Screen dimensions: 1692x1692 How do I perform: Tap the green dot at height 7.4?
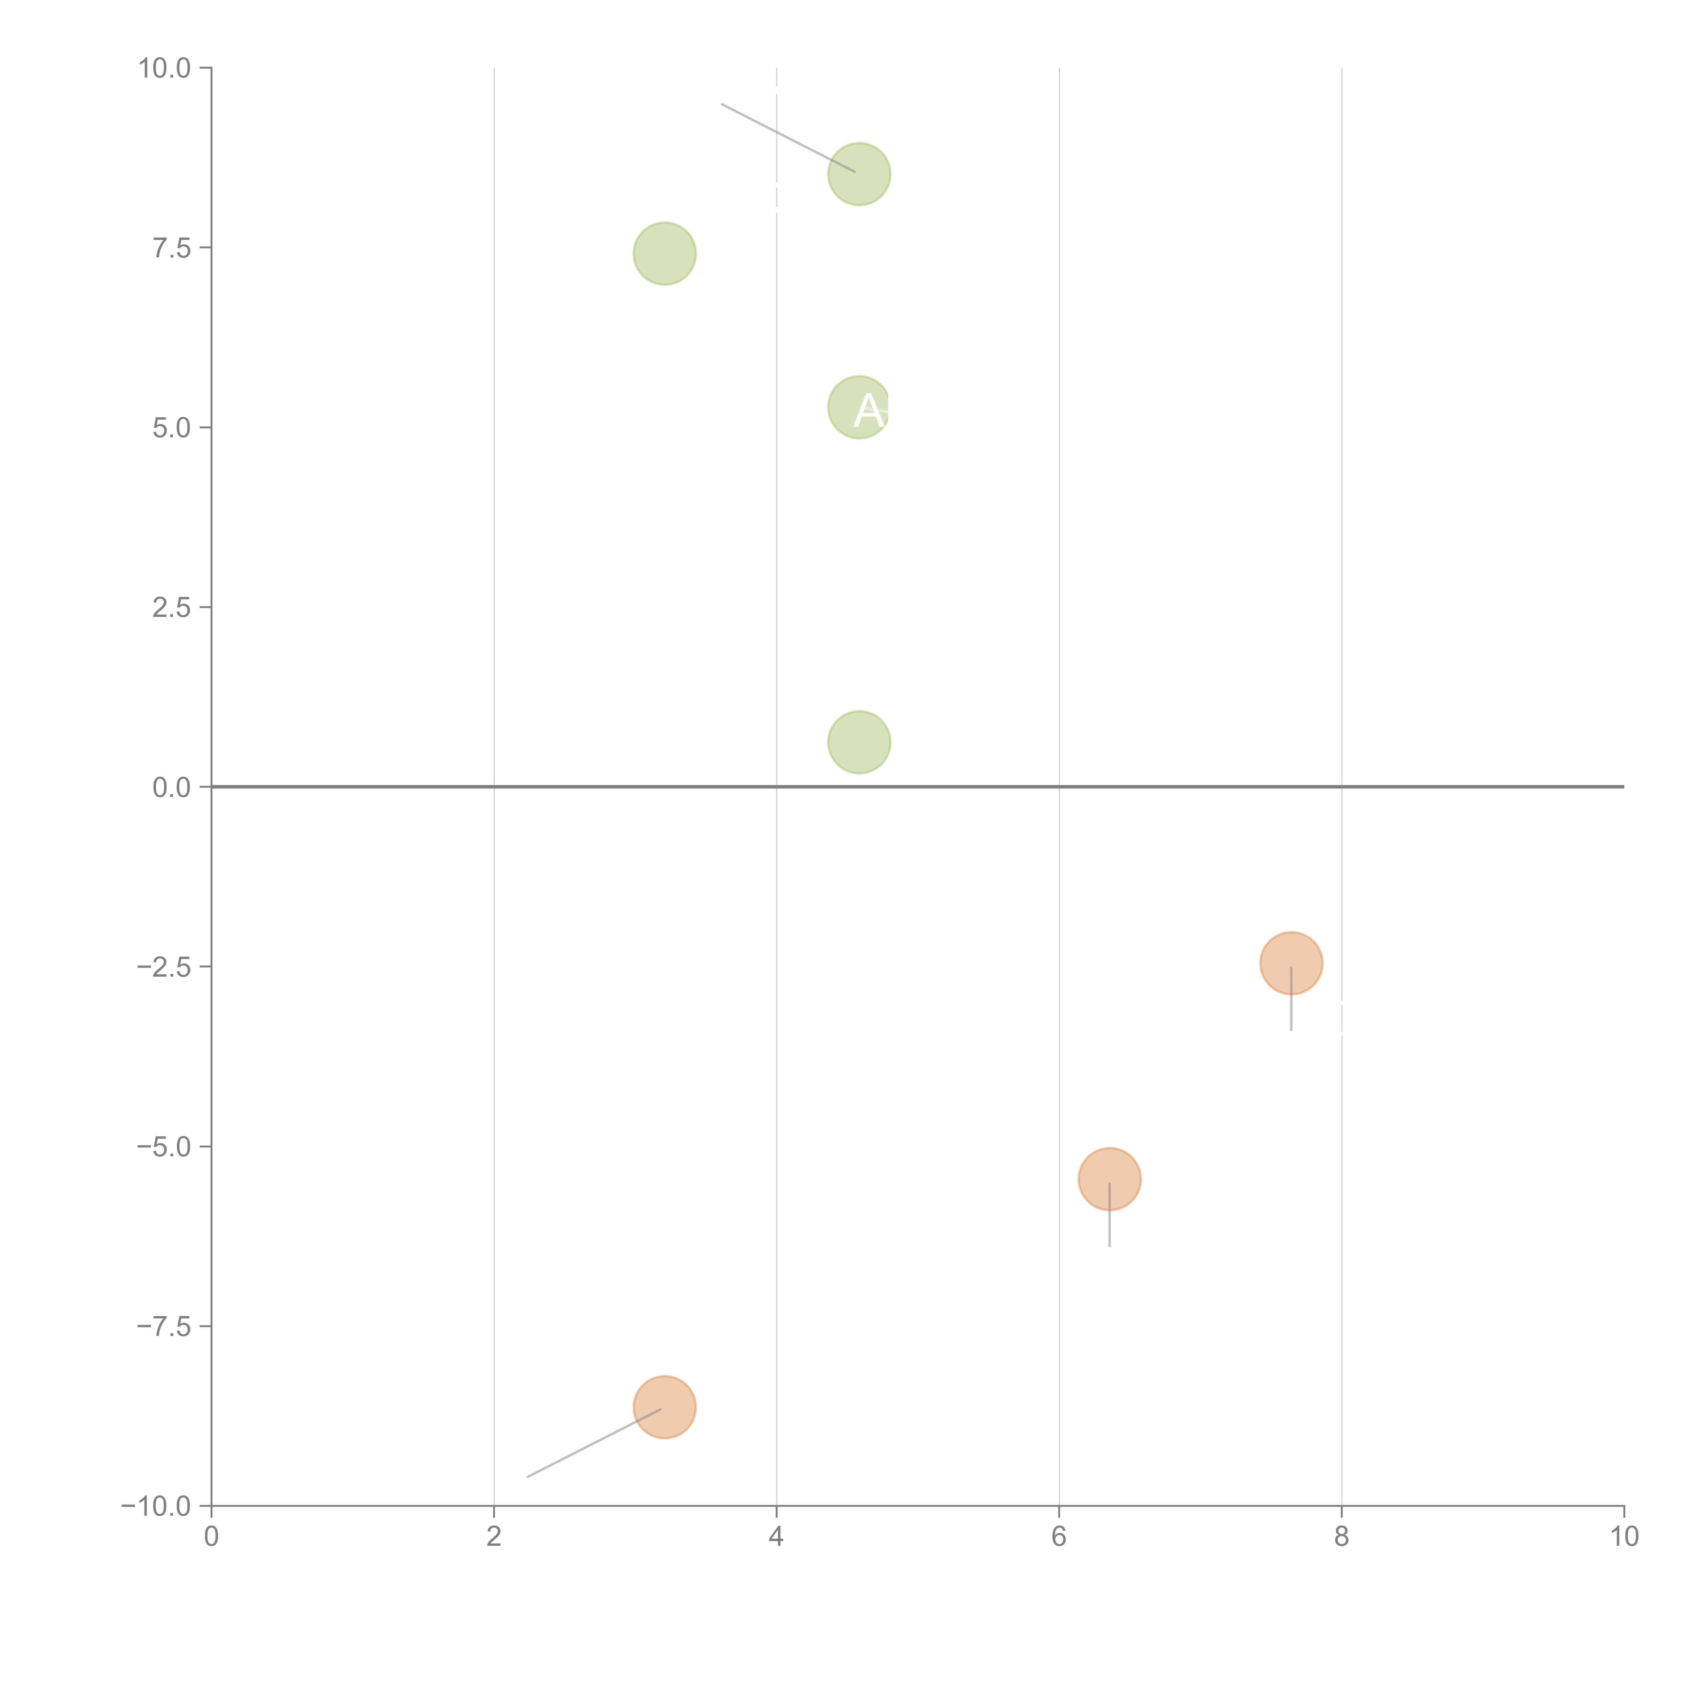coord(665,254)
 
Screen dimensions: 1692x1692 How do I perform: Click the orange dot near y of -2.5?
coord(1291,963)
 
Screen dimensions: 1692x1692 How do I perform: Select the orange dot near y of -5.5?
coord(1110,1179)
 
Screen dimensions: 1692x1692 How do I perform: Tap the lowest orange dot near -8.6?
coord(665,1407)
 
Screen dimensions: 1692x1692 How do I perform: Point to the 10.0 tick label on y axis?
coord(165,68)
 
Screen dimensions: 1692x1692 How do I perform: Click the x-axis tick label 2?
coord(494,1537)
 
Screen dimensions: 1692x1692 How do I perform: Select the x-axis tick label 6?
coord(1059,1537)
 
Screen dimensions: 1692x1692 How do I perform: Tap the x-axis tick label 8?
coord(1342,1537)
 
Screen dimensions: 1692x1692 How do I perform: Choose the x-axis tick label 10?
coord(1624,1537)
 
